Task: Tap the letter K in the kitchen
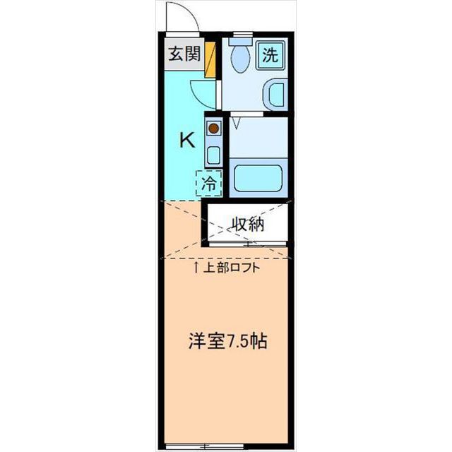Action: [x=186, y=140]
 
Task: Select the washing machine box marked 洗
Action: [x=270, y=55]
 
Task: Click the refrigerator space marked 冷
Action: [x=209, y=184]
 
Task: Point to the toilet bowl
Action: [x=238, y=61]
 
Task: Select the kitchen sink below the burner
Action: [x=213, y=153]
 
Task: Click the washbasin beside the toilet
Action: [x=275, y=94]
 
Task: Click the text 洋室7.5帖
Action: [x=227, y=340]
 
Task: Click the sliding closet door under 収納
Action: [x=246, y=244]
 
